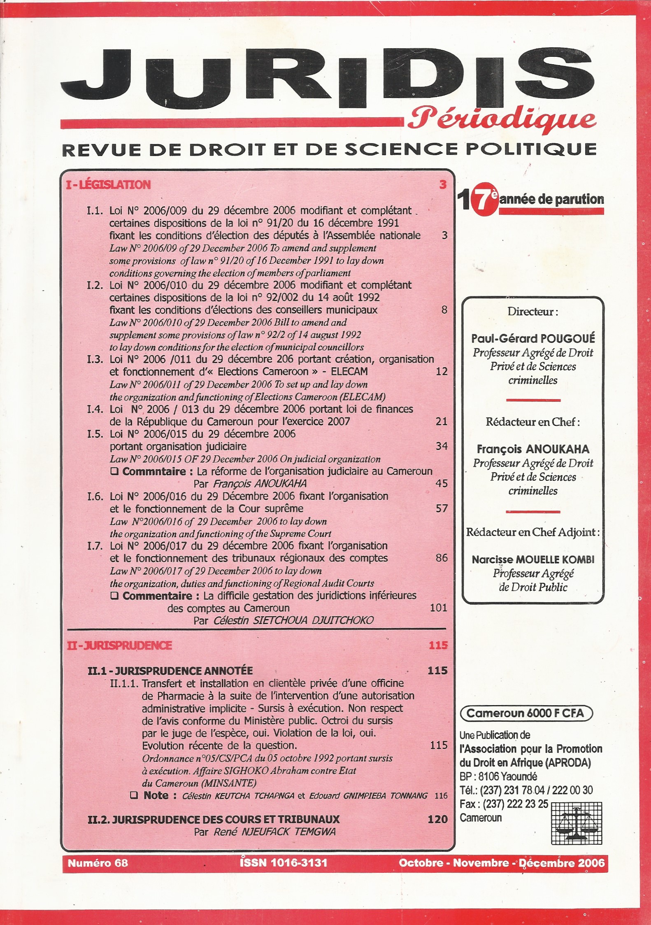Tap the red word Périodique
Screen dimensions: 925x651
coord(502,119)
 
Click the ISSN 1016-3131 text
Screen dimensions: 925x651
coord(284,862)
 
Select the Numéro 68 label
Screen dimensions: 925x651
coord(98,862)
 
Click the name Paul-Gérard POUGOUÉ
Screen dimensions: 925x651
coord(533,338)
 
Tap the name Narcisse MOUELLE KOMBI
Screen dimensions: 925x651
coord(533,559)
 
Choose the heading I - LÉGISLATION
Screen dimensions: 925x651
coord(108,185)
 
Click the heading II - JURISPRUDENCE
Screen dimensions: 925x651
coord(119,645)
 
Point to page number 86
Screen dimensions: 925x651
coord(442,558)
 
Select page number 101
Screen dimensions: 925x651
coord(438,608)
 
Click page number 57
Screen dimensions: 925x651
coord(442,508)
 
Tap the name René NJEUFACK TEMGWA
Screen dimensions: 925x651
coord(274,832)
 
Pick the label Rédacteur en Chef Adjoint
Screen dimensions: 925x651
coord(532,532)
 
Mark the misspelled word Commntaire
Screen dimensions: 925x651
coord(154,471)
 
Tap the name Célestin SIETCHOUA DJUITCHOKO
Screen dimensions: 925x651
coord(293,620)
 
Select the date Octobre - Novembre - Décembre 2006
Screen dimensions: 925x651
coord(502,862)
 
